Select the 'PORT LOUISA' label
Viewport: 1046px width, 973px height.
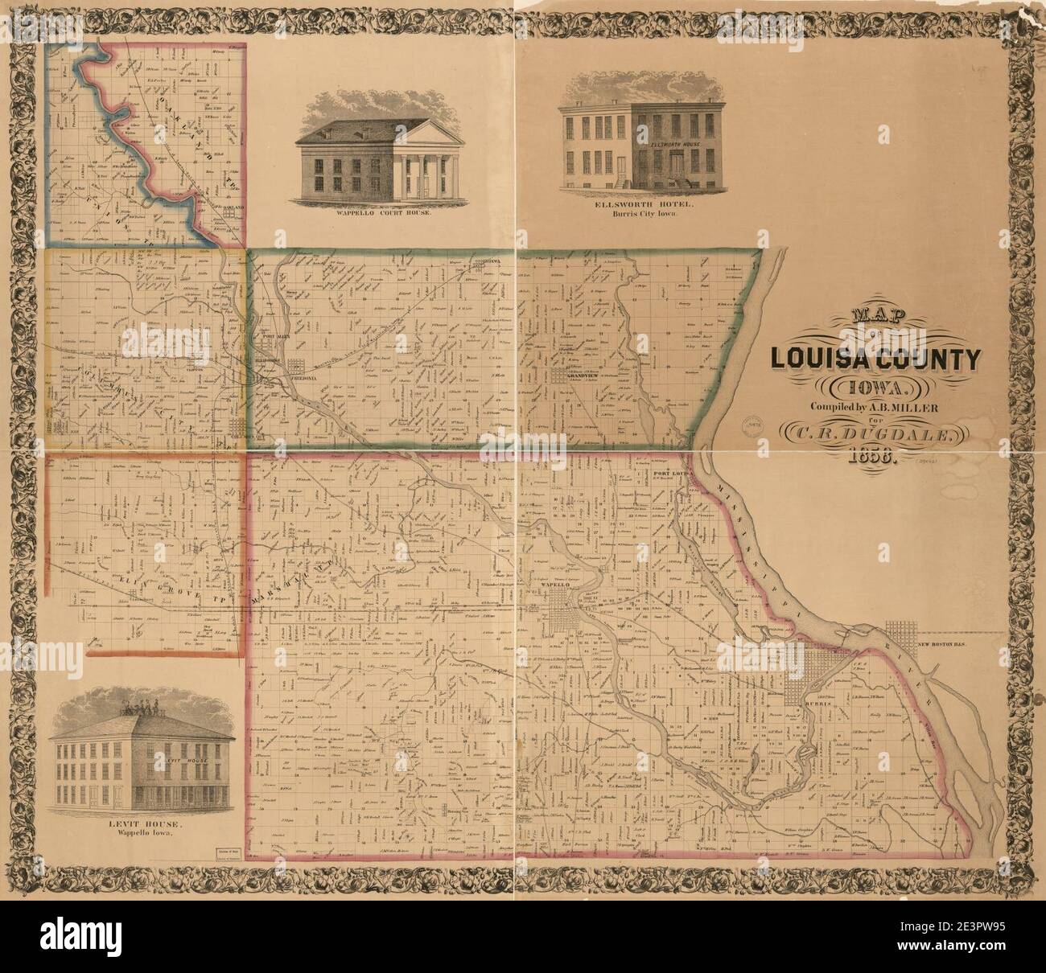(x=668, y=474)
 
